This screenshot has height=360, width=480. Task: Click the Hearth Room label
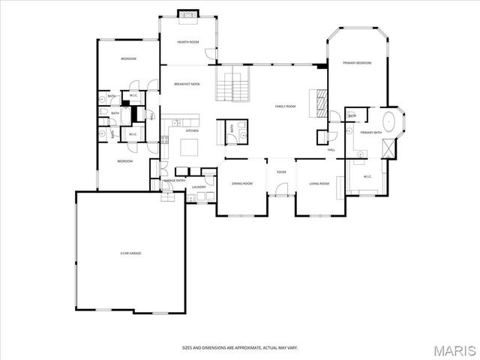point(187,42)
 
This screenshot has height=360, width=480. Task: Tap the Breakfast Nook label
point(187,84)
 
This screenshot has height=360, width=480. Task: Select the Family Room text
point(285,106)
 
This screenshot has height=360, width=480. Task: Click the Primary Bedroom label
point(357,63)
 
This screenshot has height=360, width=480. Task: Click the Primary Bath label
point(371,133)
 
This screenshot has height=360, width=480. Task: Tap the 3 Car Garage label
point(130,253)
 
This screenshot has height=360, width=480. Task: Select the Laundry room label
point(199,187)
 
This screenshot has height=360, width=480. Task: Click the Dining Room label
point(241,183)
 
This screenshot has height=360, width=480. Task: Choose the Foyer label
point(281,172)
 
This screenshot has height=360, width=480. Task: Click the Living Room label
point(319,183)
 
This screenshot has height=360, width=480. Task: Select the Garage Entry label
point(175,181)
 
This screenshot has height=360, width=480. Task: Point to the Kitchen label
point(191,130)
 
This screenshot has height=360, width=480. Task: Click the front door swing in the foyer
point(281,190)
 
